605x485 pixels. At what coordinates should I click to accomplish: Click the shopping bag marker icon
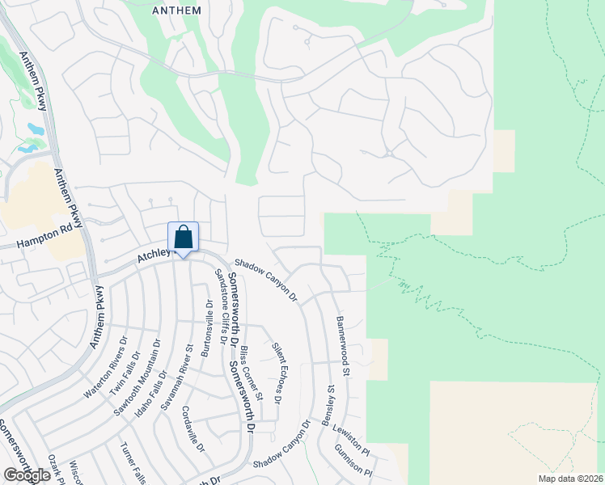184,238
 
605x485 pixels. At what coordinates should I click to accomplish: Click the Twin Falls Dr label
125,371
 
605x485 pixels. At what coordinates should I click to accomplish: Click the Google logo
27,475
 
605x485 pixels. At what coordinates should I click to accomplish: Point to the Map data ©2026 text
569,479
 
